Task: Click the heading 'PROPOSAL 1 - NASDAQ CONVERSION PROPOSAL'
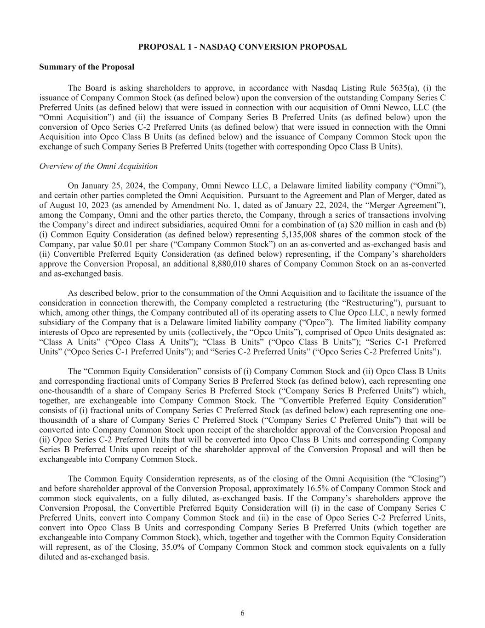click(x=242, y=47)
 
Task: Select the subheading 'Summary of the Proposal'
click(x=87, y=67)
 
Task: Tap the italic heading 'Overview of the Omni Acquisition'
click(x=98, y=166)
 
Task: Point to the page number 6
click(x=242, y=613)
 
